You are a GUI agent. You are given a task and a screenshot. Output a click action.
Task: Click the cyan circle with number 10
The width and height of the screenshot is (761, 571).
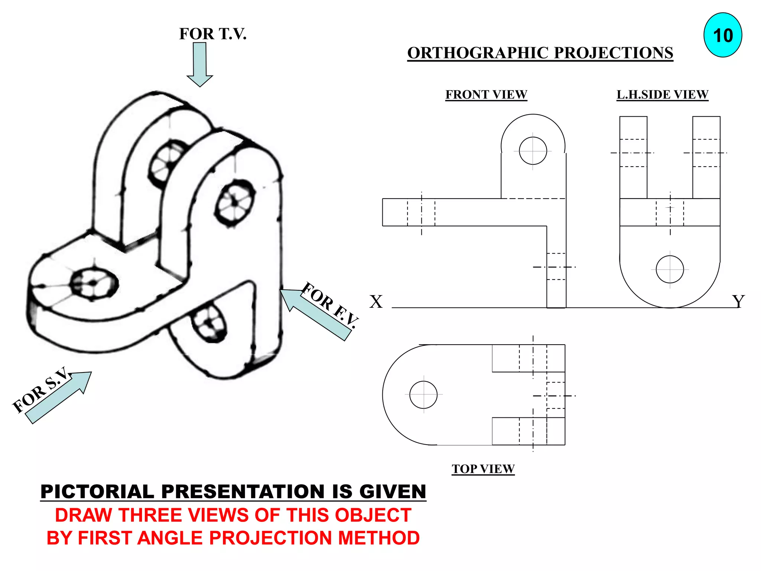click(722, 35)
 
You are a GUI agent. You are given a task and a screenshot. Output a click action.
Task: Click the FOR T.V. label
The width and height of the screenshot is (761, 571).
click(213, 34)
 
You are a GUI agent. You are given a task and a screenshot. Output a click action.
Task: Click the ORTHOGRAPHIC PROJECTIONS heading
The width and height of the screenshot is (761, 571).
click(540, 53)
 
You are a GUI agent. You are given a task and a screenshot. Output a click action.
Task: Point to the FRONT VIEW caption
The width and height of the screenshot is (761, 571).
click(486, 94)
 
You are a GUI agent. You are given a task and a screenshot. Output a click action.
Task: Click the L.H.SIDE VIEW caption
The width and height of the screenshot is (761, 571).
click(662, 94)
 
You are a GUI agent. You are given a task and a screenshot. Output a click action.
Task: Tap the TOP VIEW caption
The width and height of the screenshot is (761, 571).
click(483, 469)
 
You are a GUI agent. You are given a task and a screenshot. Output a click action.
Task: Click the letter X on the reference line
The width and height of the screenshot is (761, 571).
click(376, 301)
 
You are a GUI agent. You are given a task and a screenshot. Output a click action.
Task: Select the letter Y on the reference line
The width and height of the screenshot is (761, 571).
click(738, 301)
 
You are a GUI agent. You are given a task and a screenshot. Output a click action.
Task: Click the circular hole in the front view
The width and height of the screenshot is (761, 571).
click(533, 151)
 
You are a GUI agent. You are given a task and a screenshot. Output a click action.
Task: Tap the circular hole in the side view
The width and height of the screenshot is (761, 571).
click(670, 270)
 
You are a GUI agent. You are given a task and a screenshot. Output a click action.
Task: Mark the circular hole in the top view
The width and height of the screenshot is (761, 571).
click(423, 394)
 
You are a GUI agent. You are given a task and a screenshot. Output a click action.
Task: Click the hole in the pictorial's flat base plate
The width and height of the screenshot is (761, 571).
click(94, 283)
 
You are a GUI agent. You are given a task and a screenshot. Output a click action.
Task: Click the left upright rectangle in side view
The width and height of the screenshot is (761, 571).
click(633, 157)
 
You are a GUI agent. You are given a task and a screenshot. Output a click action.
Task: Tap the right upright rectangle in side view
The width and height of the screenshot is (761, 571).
click(706, 157)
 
